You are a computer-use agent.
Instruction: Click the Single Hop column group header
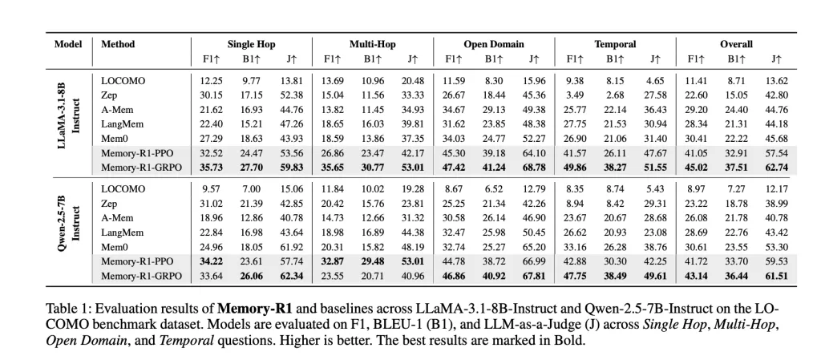(251, 44)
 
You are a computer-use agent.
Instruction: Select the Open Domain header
(494, 44)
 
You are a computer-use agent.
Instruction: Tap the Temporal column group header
(615, 44)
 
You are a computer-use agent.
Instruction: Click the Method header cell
(118, 44)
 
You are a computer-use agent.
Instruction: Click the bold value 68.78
(533, 168)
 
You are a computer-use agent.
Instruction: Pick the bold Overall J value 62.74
(775, 168)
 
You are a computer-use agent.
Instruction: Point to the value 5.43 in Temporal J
(655, 189)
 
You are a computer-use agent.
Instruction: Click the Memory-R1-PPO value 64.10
(533, 153)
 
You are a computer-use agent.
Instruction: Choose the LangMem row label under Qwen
(122, 233)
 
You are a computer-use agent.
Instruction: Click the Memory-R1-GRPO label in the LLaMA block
(141, 168)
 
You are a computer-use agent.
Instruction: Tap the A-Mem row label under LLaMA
(117, 110)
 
